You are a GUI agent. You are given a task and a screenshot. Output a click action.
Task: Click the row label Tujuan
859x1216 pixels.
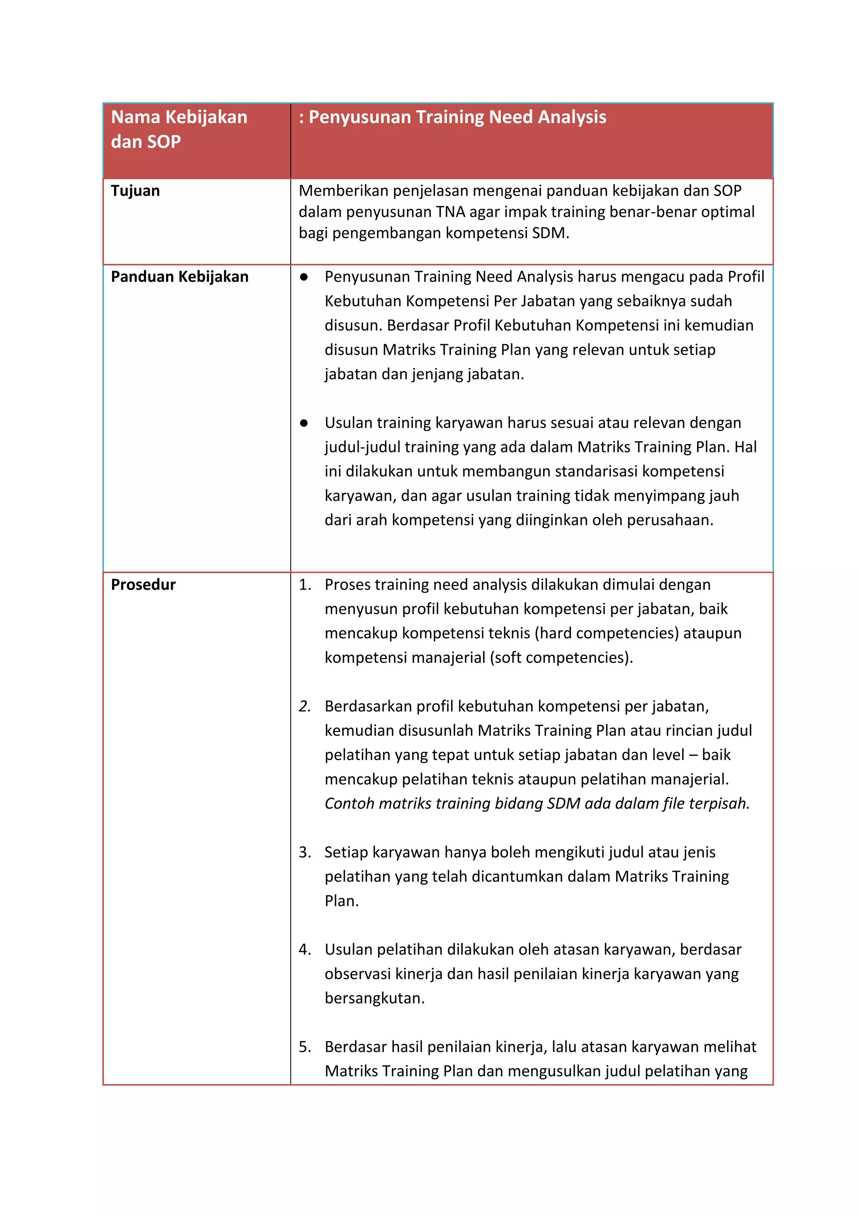(135, 191)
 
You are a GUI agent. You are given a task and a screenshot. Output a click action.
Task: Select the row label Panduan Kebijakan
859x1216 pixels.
(180, 277)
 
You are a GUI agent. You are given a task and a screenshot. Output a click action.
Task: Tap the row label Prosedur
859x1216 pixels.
(143, 584)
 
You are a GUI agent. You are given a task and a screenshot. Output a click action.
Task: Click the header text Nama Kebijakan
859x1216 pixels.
(179, 117)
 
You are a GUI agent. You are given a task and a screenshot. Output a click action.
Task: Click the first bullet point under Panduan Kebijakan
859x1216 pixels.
(304, 277)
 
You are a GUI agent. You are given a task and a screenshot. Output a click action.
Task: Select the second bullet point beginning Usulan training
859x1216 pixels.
(304, 423)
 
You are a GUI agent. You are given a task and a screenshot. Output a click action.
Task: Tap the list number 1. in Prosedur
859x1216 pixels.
(305, 585)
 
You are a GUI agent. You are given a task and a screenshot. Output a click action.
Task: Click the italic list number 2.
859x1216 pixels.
(305, 706)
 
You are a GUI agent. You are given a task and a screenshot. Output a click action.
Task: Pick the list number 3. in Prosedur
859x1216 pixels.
(305, 852)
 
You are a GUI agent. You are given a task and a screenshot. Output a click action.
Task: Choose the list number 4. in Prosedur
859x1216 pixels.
(305, 949)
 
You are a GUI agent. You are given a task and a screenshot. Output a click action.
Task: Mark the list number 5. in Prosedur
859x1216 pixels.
(305, 1047)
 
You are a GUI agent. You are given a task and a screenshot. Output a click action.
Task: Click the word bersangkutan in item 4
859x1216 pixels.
(375, 998)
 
